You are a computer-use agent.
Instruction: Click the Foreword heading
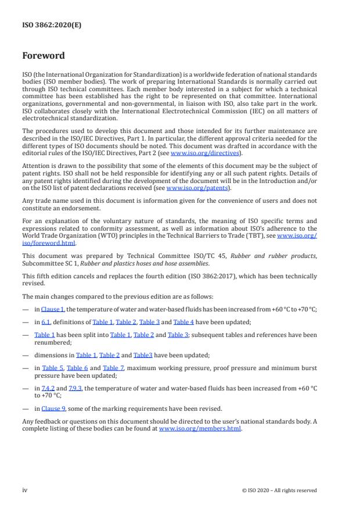coord(44,56)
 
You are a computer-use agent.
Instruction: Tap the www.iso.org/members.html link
coord(200,429)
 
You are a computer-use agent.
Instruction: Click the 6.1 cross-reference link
coord(46,321)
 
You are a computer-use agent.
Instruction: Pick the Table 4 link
coord(185,321)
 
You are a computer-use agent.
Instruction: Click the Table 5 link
coord(53,368)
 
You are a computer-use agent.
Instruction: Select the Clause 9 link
coord(53,408)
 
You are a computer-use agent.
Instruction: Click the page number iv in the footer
coord(25,490)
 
